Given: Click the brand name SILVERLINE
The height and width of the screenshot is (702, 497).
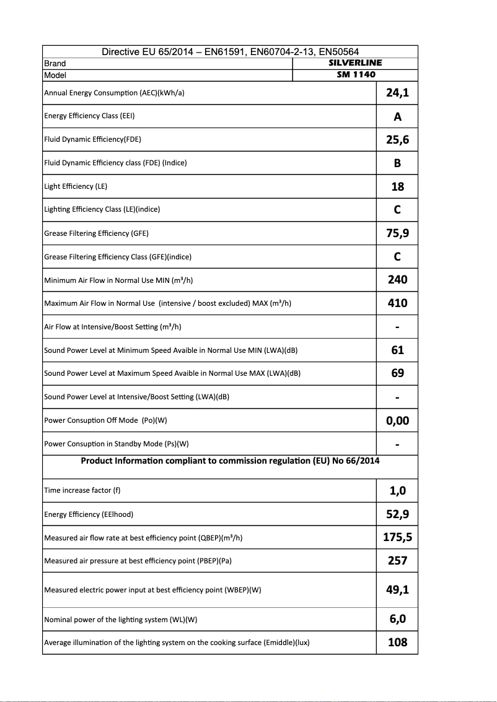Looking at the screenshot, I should pyautogui.click(x=355, y=63).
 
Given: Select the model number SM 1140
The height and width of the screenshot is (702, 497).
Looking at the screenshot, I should pyautogui.click(x=355, y=74).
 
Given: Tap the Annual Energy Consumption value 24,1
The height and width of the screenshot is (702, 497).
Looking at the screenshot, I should pyautogui.click(x=397, y=93).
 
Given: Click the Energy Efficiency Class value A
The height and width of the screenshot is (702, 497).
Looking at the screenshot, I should pyautogui.click(x=397, y=116).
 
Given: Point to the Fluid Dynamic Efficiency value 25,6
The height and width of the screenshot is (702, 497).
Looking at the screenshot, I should pyautogui.click(x=397, y=139).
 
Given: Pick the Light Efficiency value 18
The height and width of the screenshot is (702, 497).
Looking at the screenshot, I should pyautogui.click(x=397, y=186).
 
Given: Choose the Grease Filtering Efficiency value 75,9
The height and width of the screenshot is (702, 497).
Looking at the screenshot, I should pyautogui.click(x=397, y=233).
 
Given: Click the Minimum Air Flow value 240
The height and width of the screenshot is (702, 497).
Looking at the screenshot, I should pyautogui.click(x=397, y=279).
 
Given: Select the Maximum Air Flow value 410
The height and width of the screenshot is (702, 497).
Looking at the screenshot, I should pyautogui.click(x=397, y=303).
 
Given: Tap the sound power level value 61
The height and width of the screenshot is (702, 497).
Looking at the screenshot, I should pyautogui.click(x=397, y=350).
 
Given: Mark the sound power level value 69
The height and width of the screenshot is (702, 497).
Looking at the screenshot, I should pyautogui.click(x=397, y=373).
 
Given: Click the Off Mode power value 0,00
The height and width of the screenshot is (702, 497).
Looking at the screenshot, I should pyautogui.click(x=397, y=420).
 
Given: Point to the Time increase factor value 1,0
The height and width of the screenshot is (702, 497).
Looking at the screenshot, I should pyautogui.click(x=397, y=491).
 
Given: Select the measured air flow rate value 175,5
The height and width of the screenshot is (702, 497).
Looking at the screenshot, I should pyautogui.click(x=397, y=537).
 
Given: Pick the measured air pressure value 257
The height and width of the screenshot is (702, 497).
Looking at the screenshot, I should pyautogui.click(x=397, y=560).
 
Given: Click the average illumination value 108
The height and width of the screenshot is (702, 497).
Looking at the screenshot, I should pyautogui.click(x=397, y=642).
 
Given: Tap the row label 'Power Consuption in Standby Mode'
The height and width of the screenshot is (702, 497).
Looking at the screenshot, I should pyautogui.click(x=116, y=444).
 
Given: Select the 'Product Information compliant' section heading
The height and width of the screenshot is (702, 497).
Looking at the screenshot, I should pyautogui.click(x=230, y=461).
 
